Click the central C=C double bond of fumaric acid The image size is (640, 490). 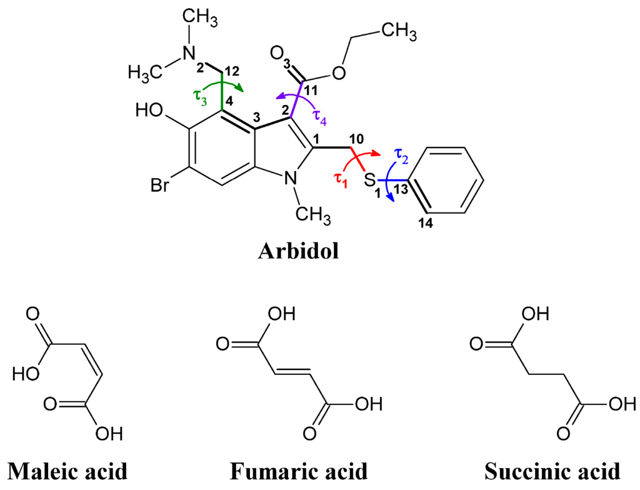click(297, 373)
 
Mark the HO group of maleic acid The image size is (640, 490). click(25, 374)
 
